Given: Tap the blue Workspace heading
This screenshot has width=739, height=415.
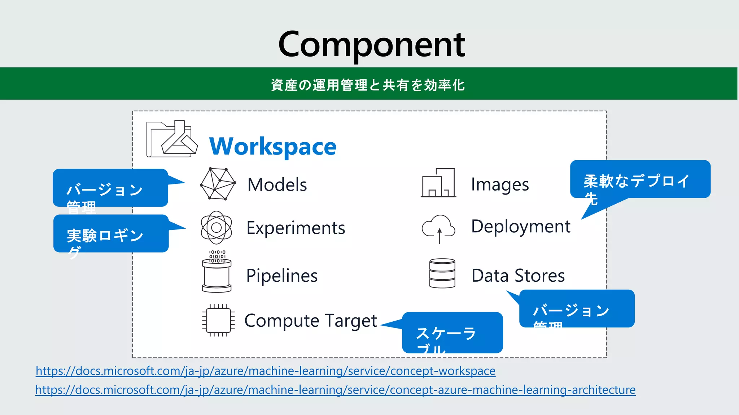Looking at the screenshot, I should [273, 147].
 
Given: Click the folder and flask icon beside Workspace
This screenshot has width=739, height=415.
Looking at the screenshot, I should [172, 139].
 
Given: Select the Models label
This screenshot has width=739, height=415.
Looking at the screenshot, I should [277, 185].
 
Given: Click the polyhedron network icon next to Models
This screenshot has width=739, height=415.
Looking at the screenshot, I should [218, 184].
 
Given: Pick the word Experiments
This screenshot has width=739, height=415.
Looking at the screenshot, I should [296, 228].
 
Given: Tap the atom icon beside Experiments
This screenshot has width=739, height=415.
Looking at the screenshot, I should [217, 228].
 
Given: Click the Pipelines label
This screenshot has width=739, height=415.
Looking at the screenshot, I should [282, 276].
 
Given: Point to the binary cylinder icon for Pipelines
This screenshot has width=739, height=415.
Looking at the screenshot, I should [217, 272].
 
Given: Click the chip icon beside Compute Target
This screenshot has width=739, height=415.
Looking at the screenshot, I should [218, 320].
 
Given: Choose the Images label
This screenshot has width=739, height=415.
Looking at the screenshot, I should [500, 185].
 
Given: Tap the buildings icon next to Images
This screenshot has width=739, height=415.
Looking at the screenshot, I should [438, 183].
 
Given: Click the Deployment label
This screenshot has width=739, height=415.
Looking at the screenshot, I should [521, 227].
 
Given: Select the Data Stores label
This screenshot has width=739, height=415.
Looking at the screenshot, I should [518, 276].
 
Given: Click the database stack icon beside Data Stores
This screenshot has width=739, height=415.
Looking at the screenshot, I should [442, 273].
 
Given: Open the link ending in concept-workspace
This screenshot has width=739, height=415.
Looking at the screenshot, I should [266, 371].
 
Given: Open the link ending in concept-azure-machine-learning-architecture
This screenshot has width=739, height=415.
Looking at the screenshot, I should [335, 390].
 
